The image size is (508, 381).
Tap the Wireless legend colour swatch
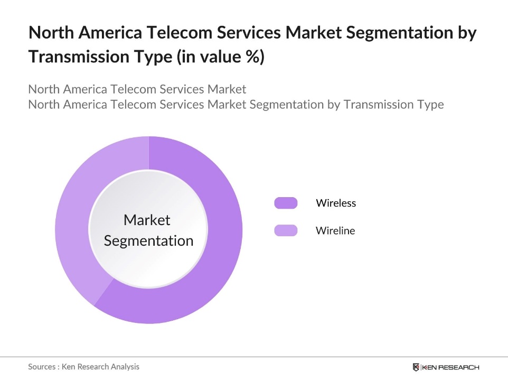click(286, 203)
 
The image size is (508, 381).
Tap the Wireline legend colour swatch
click(286, 230)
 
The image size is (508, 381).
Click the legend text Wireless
click(336, 203)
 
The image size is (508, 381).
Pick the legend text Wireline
click(335, 230)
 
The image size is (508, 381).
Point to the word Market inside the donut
click(147, 220)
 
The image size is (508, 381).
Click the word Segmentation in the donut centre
click(148, 241)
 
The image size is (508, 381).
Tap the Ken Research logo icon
click(416, 367)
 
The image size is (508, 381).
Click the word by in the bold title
click(465, 33)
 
